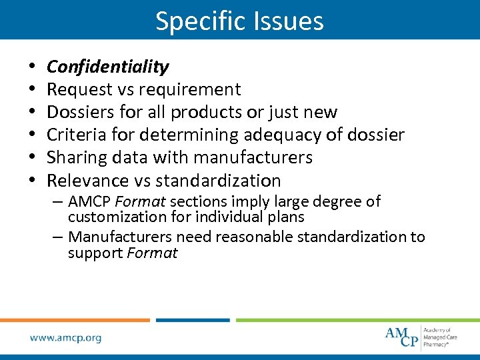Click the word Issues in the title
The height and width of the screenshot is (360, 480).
pyautogui.click(x=286, y=21)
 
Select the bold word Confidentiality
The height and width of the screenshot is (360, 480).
pyautogui.click(x=107, y=67)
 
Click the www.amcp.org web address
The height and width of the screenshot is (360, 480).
pyautogui.click(x=65, y=338)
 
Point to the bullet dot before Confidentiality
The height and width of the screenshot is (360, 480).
pyautogui.click(x=32, y=67)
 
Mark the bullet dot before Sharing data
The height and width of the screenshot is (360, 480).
pyautogui.click(x=32, y=158)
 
